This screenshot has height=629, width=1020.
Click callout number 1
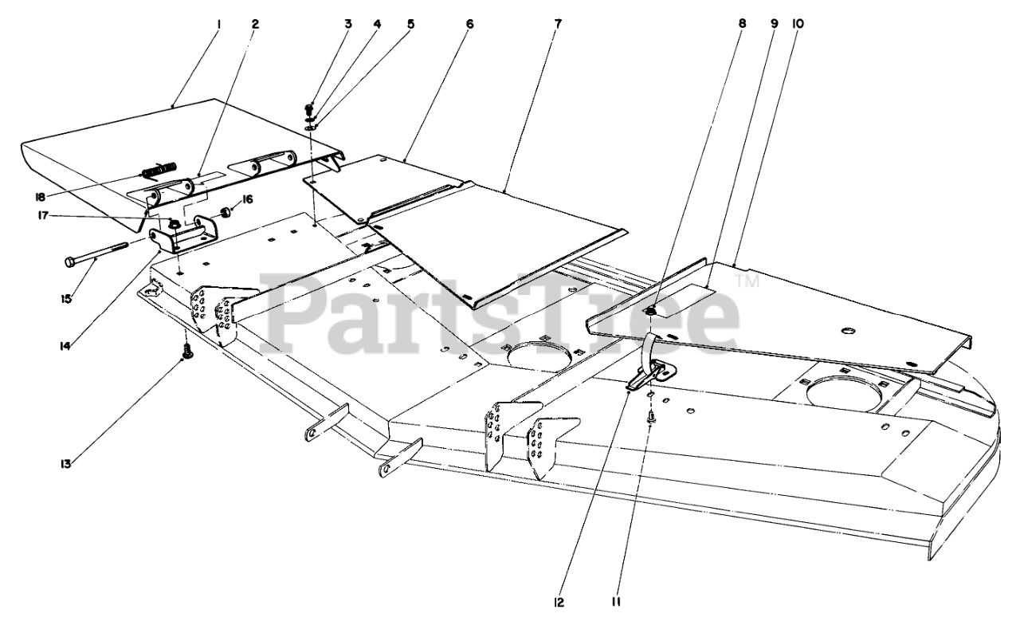[x=218, y=24]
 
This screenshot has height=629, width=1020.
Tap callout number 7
[x=557, y=24]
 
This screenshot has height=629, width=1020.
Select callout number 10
[x=798, y=24]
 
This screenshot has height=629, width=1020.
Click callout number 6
[x=469, y=24]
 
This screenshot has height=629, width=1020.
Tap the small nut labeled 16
[x=226, y=213]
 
